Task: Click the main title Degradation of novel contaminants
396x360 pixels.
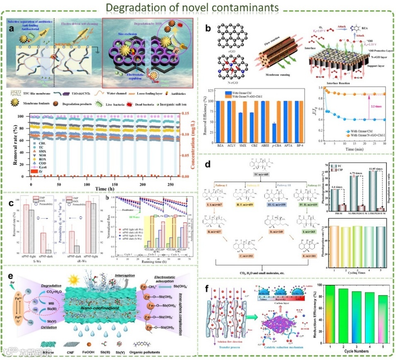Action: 198,7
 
